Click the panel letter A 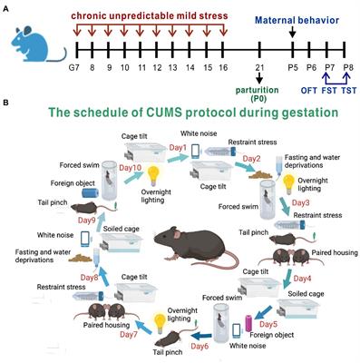pyautogui.click(x=6, y=6)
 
